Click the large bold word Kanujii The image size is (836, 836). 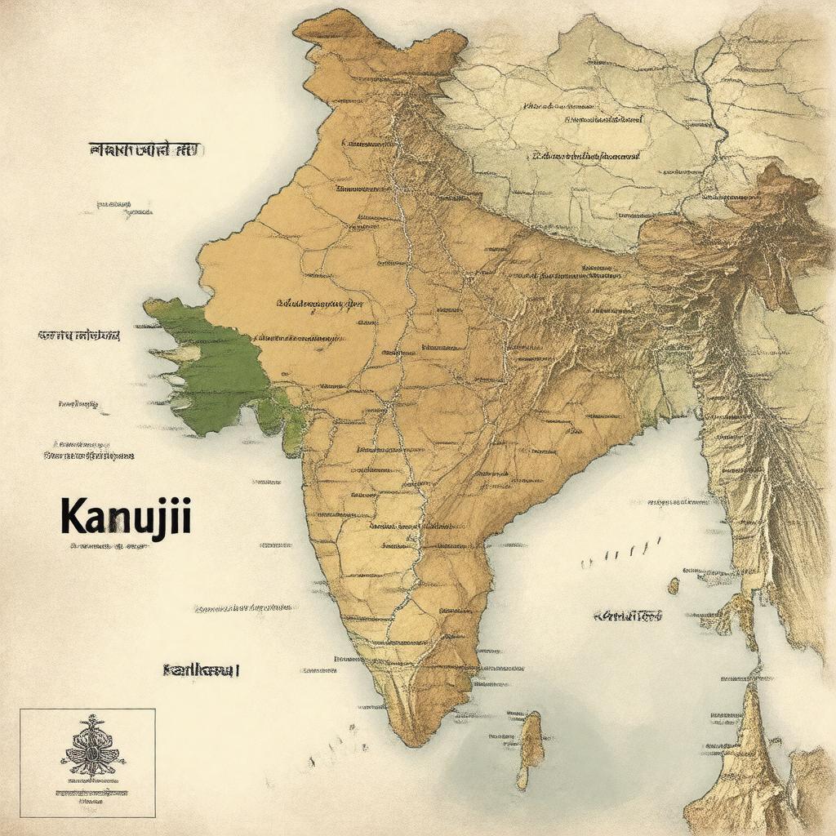[x=125, y=516]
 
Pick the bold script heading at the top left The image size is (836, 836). [x=145, y=149]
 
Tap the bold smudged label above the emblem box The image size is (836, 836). [x=201, y=670]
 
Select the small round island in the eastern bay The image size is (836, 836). [x=673, y=585]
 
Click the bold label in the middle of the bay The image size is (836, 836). [x=627, y=616]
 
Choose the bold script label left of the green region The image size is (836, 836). [x=78, y=336]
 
